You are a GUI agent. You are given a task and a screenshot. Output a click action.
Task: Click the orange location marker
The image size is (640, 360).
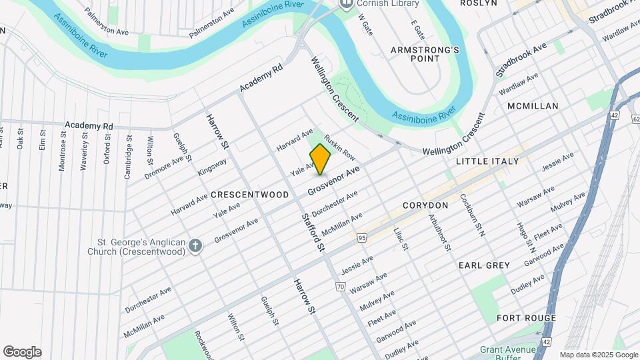[320, 159]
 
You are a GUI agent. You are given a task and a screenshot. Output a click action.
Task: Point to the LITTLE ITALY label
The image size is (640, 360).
[487, 162]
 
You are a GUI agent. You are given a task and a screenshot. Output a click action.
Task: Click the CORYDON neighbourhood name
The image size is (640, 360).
[425, 205]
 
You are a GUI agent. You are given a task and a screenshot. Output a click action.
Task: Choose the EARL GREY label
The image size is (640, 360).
[484, 265]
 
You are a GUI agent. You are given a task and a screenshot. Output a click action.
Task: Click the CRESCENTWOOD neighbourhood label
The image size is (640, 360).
[249, 195]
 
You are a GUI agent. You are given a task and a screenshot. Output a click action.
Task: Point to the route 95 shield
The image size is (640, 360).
[362, 237]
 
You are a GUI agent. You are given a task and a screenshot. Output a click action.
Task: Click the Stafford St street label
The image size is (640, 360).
[313, 232]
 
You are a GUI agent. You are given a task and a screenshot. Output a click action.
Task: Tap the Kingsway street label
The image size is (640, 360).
[212, 166]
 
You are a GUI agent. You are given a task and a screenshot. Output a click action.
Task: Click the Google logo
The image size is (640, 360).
[22, 352]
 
